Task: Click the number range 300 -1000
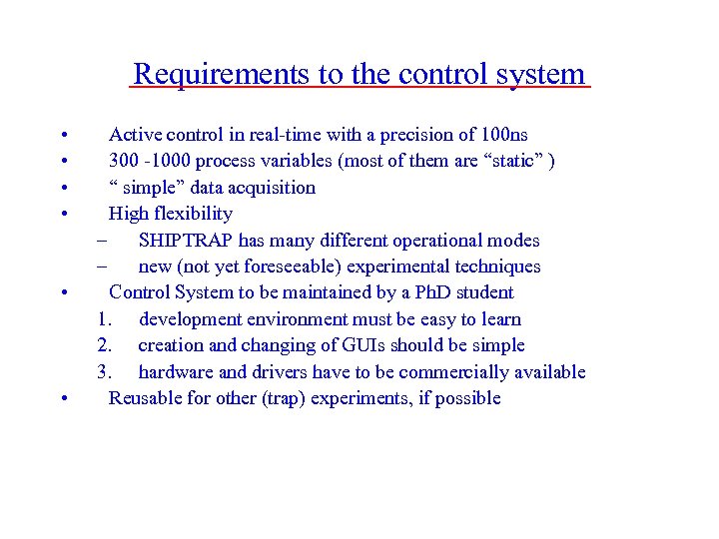(149, 161)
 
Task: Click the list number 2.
(104, 345)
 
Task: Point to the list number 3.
(104, 372)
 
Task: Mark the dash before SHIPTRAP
(101, 241)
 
